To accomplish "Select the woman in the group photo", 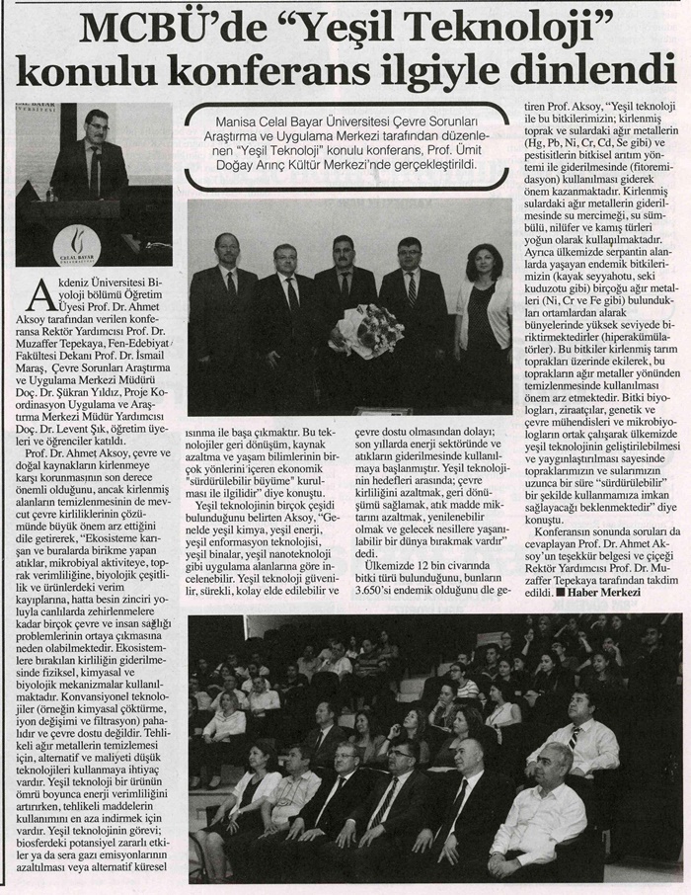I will [483, 316].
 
